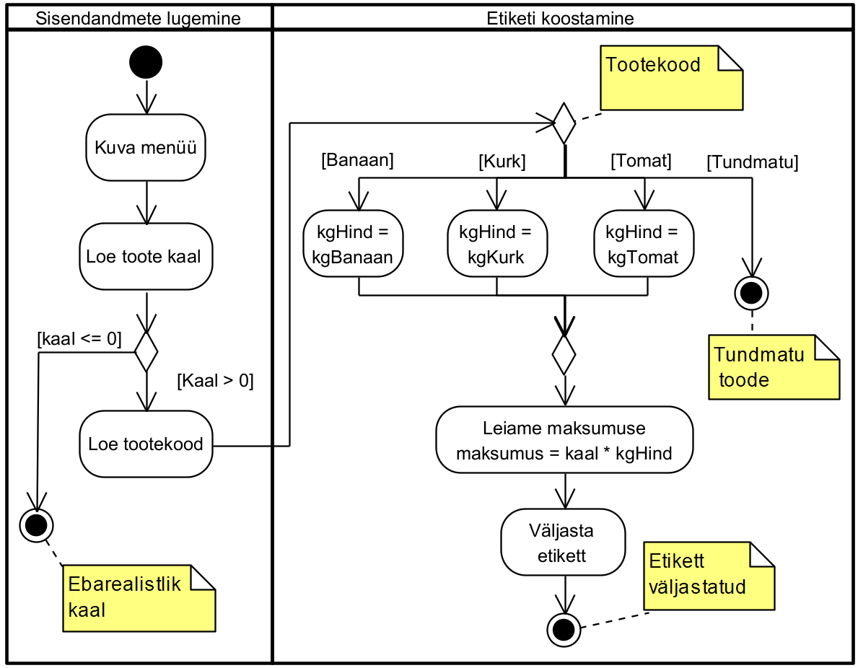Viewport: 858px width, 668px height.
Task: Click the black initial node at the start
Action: pos(146,63)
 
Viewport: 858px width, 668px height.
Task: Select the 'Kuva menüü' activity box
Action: pos(146,147)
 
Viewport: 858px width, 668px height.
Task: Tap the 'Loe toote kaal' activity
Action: pos(146,256)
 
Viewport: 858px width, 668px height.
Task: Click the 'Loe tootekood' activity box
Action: pos(146,444)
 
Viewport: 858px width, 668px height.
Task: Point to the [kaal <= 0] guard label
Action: pos(79,339)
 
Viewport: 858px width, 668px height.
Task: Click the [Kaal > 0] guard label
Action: pos(215,381)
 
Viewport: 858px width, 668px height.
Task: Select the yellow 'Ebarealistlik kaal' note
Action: pos(139,598)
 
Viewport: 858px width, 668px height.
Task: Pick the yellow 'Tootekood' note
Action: pos(671,78)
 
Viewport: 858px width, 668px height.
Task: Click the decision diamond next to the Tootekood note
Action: pos(564,123)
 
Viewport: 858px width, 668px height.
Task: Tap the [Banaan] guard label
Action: pos(357,160)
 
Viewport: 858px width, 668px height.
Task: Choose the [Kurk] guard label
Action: pos(502,162)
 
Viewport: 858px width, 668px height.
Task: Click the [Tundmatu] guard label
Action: pos(752,163)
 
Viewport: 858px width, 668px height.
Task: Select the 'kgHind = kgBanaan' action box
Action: pos(354,243)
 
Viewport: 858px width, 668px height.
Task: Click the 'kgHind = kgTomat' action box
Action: pos(643,243)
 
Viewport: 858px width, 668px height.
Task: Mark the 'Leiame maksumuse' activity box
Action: pos(564,439)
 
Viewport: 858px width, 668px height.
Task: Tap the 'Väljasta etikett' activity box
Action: pos(564,542)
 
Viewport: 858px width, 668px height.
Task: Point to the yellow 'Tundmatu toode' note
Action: pos(773,366)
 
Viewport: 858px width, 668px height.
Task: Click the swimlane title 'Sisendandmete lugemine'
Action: pos(139,18)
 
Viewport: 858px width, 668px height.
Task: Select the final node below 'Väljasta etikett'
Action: pos(564,630)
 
